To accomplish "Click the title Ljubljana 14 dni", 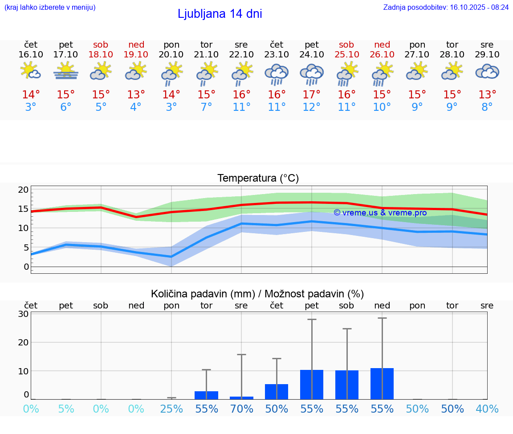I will tap(220, 14).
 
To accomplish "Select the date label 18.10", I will tap(101, 55).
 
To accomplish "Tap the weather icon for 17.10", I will tap(66, 71).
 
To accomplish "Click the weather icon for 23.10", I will tap(277, 74).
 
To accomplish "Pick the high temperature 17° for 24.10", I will tap(312, 95).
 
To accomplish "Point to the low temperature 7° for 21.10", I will tap(206, 107).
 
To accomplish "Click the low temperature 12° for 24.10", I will tap(312, 107).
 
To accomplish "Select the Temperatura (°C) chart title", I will tap(258, 178).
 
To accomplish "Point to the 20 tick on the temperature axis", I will tap(23, 190).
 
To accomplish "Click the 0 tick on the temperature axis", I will tap(26, 267).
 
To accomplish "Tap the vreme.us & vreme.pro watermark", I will tap(380, 213).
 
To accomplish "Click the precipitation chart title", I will tap(257, 294).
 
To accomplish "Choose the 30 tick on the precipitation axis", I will tap(24, 314).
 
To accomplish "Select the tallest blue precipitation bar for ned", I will tap(382, 384).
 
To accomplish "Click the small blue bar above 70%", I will tap(241, 397).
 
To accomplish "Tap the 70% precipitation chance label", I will tap(241, 409).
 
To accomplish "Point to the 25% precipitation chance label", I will tap(171, 409).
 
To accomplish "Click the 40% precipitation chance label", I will tap(487, 409).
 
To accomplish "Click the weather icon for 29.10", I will tap(487, 72).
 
